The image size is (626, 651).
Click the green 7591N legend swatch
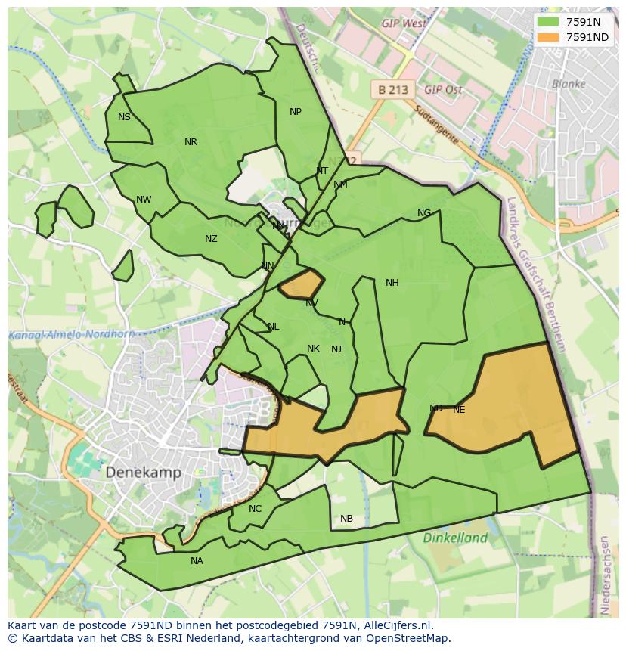click(x=548, y=22)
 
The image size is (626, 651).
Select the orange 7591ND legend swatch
click(x=548, y=37)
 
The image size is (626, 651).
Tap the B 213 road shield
click(x=393, y=89)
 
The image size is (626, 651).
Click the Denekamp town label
click(x=143, y=472)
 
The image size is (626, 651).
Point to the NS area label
click(x=124, y=117)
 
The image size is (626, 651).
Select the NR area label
click(x=191, y=142)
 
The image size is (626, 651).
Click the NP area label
click(x=296, y=112)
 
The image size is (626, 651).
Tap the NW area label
click(x=144, y=200)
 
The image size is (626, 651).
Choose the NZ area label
click(x=211, y=239)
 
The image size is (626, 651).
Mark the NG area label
click(x=424, y=213)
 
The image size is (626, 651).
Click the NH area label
click(x=392, y=283)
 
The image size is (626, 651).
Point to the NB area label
click(x=346, y=519)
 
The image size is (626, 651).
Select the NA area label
click(x=197, y=561)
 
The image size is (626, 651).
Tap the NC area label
click(x=255, y=509)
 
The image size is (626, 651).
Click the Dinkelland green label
click(x=455, y=538)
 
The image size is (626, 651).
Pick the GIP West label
click(x=404, y=24)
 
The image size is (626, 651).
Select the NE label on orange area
click(x=459, y=410)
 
